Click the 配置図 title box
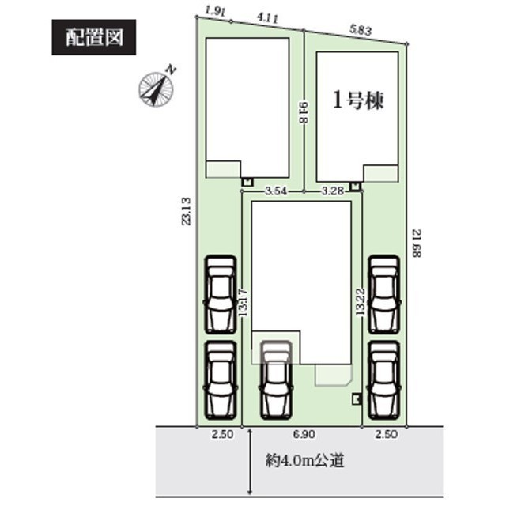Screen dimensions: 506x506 point(93,37)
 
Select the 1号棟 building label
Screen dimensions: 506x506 point(358,100)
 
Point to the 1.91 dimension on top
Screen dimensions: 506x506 point(215,12)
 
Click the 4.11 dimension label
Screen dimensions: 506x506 point(267,18)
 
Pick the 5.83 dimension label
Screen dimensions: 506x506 point(361,30)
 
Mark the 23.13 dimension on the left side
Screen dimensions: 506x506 point(187,211)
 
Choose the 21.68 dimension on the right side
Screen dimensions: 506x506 point(417,244)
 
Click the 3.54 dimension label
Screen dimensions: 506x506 point(276,191)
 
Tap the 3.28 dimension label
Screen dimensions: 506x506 point(332,191)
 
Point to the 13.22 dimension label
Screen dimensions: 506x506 point(361,302)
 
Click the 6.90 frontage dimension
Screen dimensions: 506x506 point(304,434)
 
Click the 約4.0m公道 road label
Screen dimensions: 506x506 point(305,461)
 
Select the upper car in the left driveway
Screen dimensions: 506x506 point(220,295)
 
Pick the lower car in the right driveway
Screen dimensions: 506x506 point(384,380)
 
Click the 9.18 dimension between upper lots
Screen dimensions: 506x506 point(304,112)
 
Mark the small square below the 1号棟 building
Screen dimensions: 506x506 point(355,187)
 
